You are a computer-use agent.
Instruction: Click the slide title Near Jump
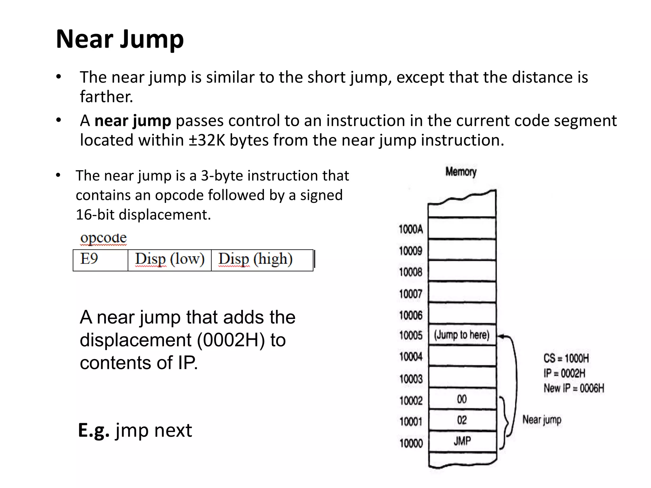[x=120, y=39]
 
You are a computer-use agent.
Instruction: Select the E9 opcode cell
[x=100, y=260]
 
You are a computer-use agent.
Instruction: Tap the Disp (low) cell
[x=170, y=260]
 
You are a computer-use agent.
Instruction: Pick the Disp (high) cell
[x=256, y=260]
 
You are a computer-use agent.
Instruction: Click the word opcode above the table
[x=104, y=238]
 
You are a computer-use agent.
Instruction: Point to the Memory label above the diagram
[x=461, y=172]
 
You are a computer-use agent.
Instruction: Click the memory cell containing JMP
[x=462, y=441]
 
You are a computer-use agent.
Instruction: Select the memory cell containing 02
[x=462, y=420]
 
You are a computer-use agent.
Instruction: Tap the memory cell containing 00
[x=462, y=399]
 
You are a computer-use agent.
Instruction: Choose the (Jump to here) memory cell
[x=462, y=335]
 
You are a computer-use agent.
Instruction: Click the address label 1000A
[x=411, y=229]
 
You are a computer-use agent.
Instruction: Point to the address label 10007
[x=411, y=294]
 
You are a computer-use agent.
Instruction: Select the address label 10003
[x=411, y=379]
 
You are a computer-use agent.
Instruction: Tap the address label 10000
[x=411, y=443]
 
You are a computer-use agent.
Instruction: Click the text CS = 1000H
[x=566, y=358]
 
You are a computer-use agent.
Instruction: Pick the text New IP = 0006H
[x=574, y=388]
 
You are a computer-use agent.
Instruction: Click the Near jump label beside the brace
[x=542, y=420]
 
